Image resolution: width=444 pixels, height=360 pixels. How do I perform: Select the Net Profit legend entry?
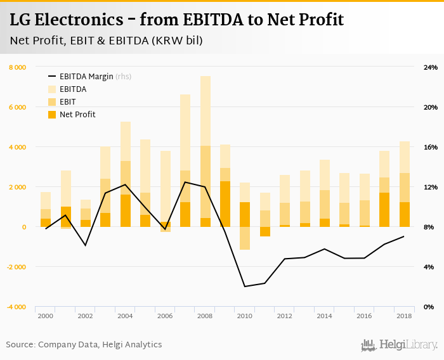click(x=77, y=115)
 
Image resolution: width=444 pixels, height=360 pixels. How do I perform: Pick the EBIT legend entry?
click(x=68, y=102)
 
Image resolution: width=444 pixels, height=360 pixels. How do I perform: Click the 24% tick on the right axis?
click(x=431, y=67)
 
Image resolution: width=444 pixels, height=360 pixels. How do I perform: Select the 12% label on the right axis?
click(x=431, y=187)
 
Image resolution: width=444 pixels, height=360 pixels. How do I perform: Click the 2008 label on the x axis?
click(x=206, y=316)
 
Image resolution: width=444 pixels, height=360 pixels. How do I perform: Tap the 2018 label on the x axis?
click(x=405, y=316)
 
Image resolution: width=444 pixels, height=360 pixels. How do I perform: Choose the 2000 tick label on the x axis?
click(x=46, y=316)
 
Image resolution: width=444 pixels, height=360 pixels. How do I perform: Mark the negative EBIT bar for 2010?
click(x=245, y=238)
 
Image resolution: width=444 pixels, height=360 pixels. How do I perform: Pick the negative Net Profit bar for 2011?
click(x=265, y=231)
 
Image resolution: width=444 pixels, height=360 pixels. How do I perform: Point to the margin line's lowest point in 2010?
click(x=245, y=286)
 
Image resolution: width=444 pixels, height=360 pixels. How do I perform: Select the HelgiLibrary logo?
click(x=399, y=345)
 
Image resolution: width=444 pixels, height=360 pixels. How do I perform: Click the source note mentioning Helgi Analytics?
click(x=84, y=345)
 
